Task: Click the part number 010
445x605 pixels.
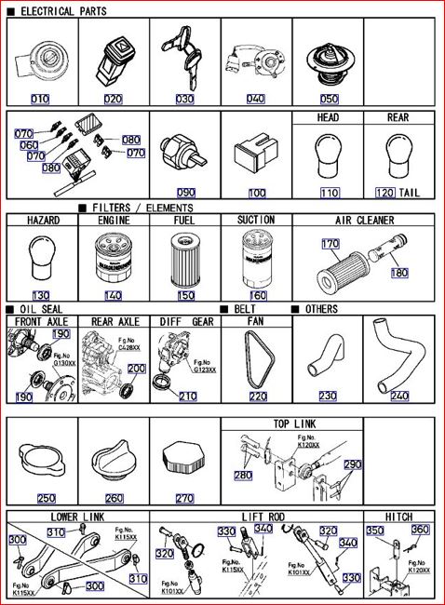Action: [x=40, y=99]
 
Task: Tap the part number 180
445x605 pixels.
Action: [x=398, y=274]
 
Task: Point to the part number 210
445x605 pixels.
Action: [x=188, y=397]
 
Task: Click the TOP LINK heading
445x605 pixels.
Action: [x=291, y=423]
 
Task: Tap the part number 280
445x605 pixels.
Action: [x=242, y=476]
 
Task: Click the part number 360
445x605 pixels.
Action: [x=420, y=530]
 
